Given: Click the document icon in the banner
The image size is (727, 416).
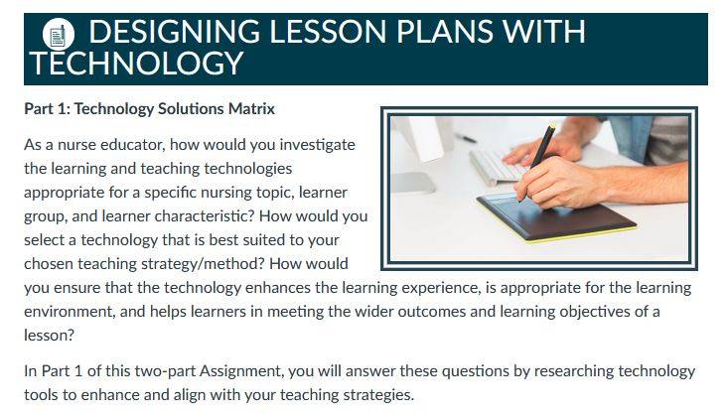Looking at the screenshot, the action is click(58, 35).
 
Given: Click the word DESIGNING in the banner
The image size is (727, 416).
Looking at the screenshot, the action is click(174, 32).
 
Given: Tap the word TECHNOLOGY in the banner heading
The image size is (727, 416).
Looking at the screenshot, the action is click(136, 63).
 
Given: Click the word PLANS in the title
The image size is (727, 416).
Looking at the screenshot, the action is click(444, 32).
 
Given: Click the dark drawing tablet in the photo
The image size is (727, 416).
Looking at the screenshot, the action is click(556, 217).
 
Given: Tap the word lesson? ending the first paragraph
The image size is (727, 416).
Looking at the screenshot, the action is click(49, 336).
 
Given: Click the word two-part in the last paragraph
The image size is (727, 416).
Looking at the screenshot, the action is click(165, 371).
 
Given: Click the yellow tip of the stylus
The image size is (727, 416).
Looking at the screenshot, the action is click(552, 126).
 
